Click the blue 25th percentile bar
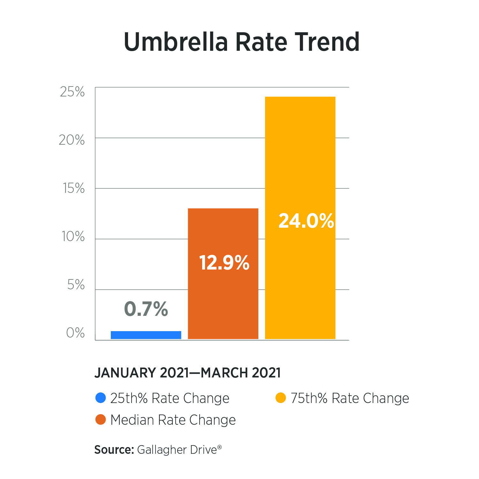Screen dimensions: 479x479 (x=146, y=335)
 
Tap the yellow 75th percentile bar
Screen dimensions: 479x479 (x=300, y=160)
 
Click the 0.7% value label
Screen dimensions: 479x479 (x=146, y=309)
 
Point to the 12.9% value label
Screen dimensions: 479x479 (x=224, y=263)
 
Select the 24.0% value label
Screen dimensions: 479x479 (x=306, y=221)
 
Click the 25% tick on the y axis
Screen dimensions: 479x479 (x=72, y=92)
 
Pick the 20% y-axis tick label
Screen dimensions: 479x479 (x=72, y=140)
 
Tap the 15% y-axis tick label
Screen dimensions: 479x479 (x=74, y=188)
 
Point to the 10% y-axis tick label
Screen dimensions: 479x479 (x=73, y=237)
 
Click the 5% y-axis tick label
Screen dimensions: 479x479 (x=76, y=285)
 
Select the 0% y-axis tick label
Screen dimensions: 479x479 (x=75, y=333)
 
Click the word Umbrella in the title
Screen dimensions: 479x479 (x=176, y=42)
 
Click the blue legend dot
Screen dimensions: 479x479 (x=101, y=398)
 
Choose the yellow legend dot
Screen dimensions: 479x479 (x=281, y=398)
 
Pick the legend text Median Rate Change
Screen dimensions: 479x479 (x=173, y=420)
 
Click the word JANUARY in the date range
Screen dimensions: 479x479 (x=125, y=373)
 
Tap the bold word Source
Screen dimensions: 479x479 (x=114, y=450)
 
